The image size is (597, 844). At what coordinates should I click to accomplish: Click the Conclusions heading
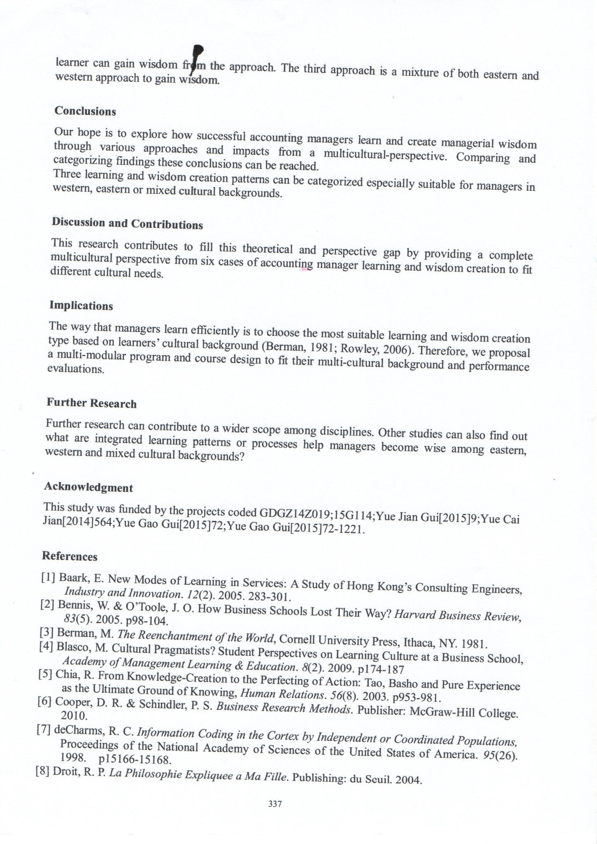[85, 111]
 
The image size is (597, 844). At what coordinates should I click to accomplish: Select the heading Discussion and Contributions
[127, 223]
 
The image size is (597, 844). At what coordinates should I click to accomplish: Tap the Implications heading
[81, 305]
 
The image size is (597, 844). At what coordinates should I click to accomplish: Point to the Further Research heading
[91, 403]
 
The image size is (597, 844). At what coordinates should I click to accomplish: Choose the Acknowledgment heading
[88, 487]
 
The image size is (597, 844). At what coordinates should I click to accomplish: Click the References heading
[70, 556]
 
